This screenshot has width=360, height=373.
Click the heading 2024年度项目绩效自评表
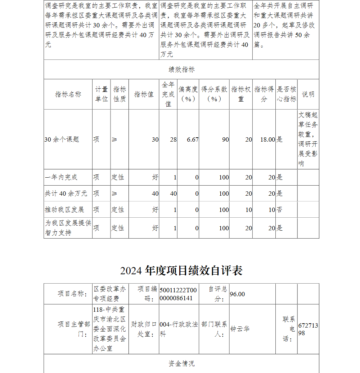pyautogui.click(x=181, y=271)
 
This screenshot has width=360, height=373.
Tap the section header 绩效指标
pyautogui.click(x=181, y=70)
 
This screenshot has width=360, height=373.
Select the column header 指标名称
pyautogui.click(x=68, y=94)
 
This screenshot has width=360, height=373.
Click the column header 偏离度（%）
pyautogui.click(x=188, y=94)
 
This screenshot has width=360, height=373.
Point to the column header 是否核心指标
pyautogui.click(x=286, y=94)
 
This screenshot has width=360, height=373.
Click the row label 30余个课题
pyautogui.click(x=62, y=139)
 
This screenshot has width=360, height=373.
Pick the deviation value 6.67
pyautogui.click(x=193, y=139)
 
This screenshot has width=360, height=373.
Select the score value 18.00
pyautogui.click(x=267, y=139)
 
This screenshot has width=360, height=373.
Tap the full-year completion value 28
pyautogui.click(x=173, y=139)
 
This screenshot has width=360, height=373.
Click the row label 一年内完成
pyautogui.click(x=61, y=177)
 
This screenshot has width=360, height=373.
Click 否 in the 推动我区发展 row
pyautogui.click(x=279, y=210)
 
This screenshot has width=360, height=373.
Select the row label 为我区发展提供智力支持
pyautogui.click(x=68, y=228)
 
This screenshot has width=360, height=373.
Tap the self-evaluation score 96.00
pyautogui.click(x=237, y=294)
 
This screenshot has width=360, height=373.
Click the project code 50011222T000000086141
pyautogui.click(x=178, y=294)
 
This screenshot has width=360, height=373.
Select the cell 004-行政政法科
pyautogui.click(x=179, y=329)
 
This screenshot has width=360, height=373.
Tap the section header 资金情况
pyautogui.click(x=181, y=364)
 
